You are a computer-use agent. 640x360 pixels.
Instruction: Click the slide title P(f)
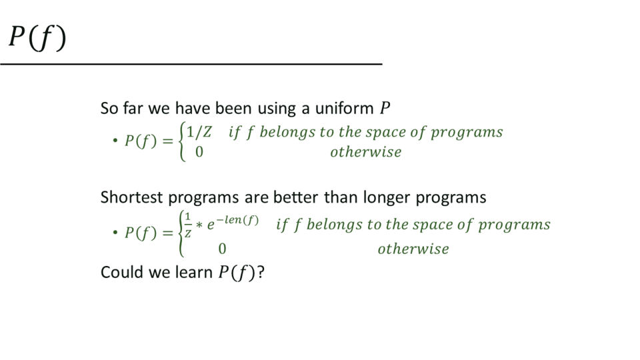[37, 38]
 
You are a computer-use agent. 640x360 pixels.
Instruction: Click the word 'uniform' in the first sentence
[344, 109]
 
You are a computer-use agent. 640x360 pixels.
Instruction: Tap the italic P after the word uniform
[385, 108]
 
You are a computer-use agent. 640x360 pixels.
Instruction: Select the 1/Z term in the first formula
[199, 132]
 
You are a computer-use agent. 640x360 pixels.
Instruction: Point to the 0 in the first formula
[199, 152]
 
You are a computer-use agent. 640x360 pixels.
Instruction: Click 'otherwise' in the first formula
[366, 152]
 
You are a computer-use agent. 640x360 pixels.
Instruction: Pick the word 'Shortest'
[131, 197]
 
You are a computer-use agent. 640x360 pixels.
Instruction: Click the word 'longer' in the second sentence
[387, 198]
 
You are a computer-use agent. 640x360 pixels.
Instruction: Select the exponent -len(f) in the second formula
[237, 220]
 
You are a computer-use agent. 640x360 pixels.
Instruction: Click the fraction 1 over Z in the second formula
[188, 225]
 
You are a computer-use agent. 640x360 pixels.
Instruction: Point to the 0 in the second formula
[222, 249]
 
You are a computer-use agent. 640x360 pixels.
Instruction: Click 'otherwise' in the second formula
[413, 249]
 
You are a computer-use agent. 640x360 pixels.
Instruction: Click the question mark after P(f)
[261, 273]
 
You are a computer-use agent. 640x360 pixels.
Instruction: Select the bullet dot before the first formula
[115, 141]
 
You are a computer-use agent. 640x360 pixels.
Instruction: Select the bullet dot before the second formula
[115, 233]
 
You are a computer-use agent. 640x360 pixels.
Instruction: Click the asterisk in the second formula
[199, 225]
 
